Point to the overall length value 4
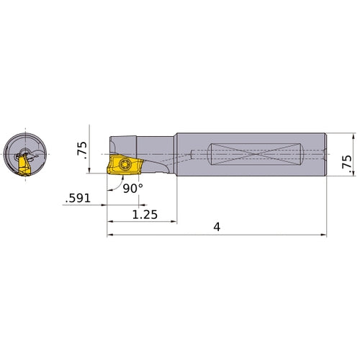pos(217,227)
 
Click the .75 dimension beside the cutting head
pos(82,149)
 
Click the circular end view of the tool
pos(25,153)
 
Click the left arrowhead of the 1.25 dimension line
pos(110,221)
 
